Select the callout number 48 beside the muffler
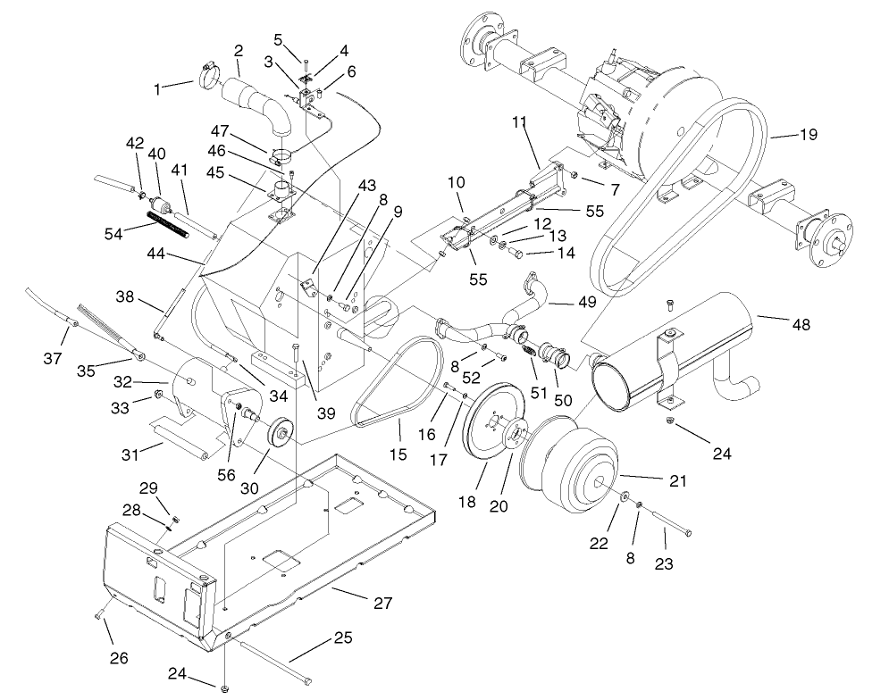[801, 325]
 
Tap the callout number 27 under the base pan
[382, 603]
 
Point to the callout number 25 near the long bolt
[342, 638]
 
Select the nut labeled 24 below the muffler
[670, 420]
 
